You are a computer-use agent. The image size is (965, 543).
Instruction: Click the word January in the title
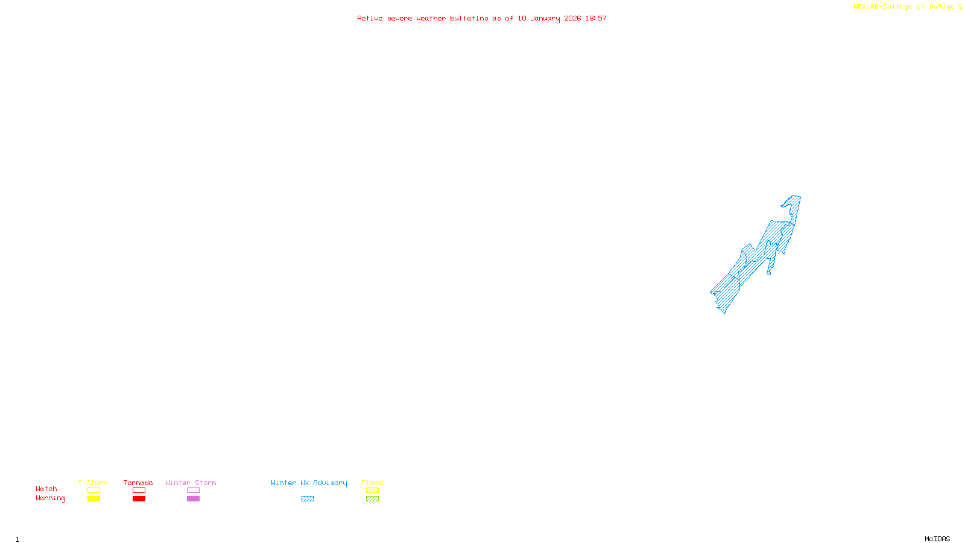[x=545, y=19]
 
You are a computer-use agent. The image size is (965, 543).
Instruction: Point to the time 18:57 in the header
[x=596, y=19]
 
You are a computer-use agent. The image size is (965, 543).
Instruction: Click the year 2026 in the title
[x=572, y=19]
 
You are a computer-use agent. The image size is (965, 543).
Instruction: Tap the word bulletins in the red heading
[x=469, y=19]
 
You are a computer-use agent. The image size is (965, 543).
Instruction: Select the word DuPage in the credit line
[x=941, y=7]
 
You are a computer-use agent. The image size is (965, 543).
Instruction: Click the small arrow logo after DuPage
[x=960, y=7]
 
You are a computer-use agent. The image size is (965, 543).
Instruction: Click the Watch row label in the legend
[x=46, y=489]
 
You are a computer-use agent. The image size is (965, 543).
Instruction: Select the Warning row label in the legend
[x=50, y=498]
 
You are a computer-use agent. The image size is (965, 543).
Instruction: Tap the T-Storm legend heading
[x=93, y=483]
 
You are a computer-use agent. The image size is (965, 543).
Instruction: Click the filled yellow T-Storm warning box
[x=93, y=499]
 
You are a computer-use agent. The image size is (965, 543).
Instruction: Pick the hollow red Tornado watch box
[x=139, y=491]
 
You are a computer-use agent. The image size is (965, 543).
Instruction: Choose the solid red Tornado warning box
[x=139, y=499]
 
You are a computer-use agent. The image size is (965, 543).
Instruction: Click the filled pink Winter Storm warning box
[x=193, y=499]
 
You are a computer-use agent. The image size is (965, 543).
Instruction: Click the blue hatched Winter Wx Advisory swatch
[x=308, y=499]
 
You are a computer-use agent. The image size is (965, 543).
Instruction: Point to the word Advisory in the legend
[x=330, y=483]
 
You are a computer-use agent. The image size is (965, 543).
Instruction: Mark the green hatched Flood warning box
[x=372, y=499]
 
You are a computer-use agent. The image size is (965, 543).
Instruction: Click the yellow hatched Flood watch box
[x=372, y=491]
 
